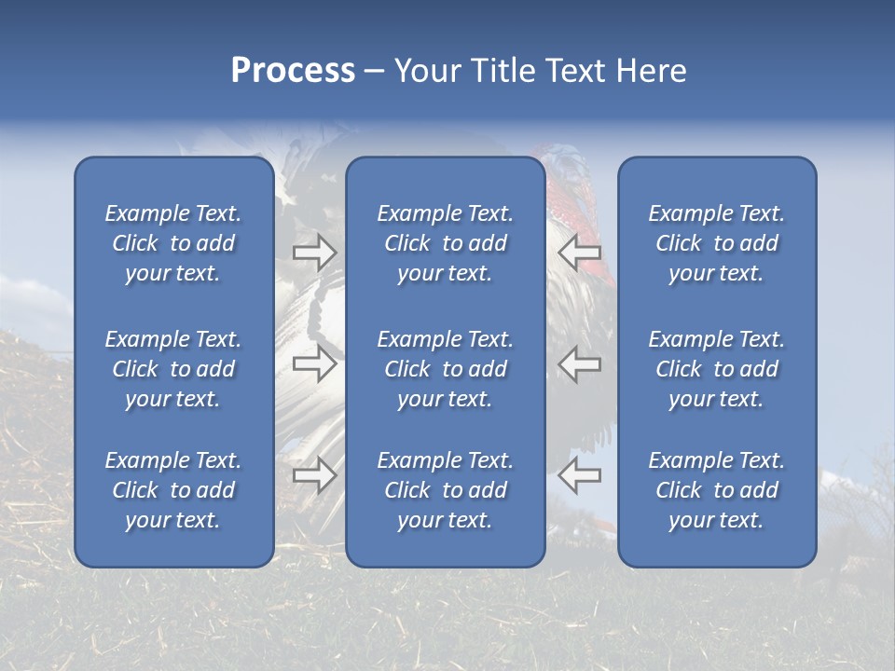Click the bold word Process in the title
[293, 71]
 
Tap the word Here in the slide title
[651, 71]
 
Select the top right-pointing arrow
[314, 252]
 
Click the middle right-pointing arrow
[314, 363]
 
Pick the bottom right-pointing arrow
[314, 475]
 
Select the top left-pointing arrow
[580, 252]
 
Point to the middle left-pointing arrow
[580, 363]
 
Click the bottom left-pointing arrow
[580, 475]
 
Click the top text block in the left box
[173, 243]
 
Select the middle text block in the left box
[173, 369]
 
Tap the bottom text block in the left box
[173, 490]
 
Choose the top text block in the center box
[445, 243]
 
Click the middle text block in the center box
[445, 369]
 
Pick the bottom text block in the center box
[445, 490]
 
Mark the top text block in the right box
[716, 243]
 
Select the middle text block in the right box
[716, 369]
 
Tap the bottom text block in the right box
[716, 490]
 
